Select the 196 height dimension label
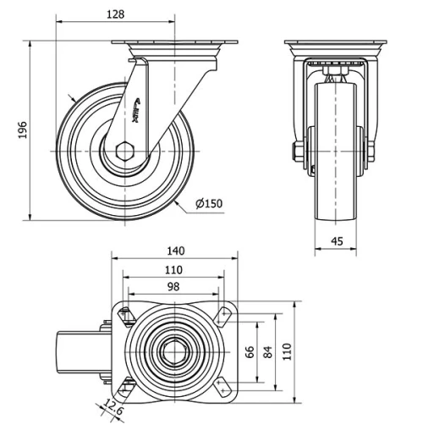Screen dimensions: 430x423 tap(23, 130)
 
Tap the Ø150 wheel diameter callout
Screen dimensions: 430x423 tap(208, 203)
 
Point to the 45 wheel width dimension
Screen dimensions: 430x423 tap(336, 241)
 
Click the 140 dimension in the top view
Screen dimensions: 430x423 tap(174, 251)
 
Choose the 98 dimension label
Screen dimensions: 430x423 tap(173, 287)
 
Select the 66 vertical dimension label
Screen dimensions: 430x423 tap(250, 350)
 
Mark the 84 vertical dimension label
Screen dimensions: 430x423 tap(270, 350)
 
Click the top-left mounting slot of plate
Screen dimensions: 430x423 tap(126, 316)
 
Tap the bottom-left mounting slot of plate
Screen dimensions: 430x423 tap(126, 387)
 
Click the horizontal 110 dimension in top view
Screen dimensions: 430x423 tap(173, 269)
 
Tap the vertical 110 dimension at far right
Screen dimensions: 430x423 tap(287, 350)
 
